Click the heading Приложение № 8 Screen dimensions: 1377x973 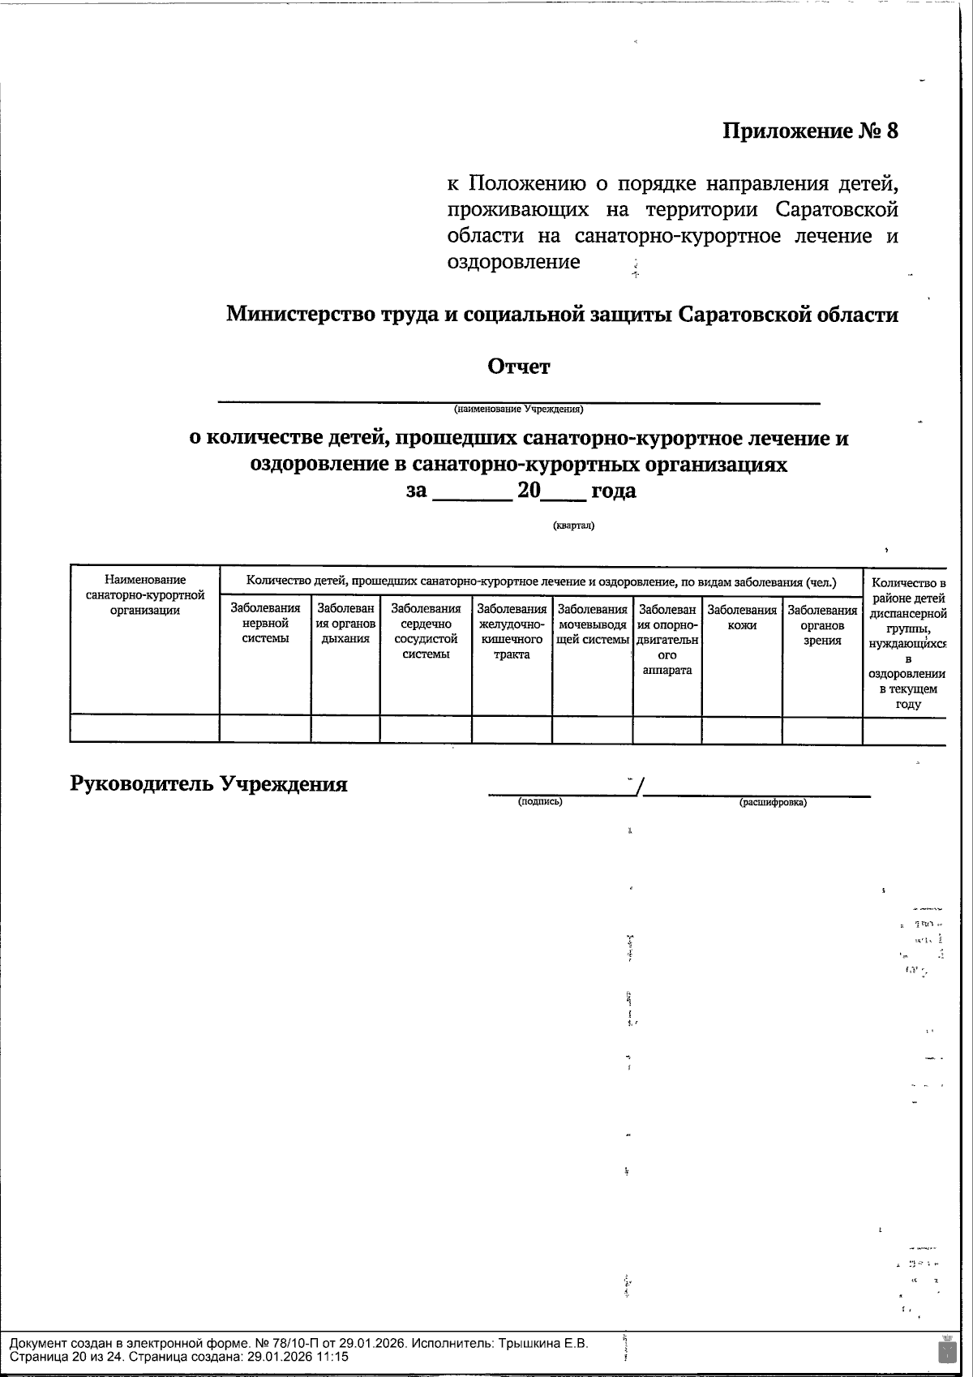coord(810,131)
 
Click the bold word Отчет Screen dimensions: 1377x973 coord(518,367)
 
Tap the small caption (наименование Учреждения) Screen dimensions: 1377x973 coord(518,409)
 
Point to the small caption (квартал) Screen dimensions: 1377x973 coord(573,525)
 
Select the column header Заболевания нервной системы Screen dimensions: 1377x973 coord(265,623)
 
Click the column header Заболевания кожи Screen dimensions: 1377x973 coord(742,616)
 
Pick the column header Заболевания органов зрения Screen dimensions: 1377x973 coord(822,624)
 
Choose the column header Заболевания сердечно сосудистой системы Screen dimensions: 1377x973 coord(426,631)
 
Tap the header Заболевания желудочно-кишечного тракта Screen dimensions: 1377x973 coord(512,631)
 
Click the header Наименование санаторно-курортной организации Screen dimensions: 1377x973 coord(145,594)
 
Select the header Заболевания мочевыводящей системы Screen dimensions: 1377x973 coord(593,624)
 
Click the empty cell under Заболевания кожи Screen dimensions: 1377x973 coord(742,728)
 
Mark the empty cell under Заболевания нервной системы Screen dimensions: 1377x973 coord(265,728)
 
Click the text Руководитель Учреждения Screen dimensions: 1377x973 coord(209,784)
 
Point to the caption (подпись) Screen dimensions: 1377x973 coord(540,802)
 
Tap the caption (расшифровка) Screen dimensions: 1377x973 coord(773,803)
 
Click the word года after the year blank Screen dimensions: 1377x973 coord(614,491)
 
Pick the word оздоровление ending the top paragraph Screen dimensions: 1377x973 coord(513,262)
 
